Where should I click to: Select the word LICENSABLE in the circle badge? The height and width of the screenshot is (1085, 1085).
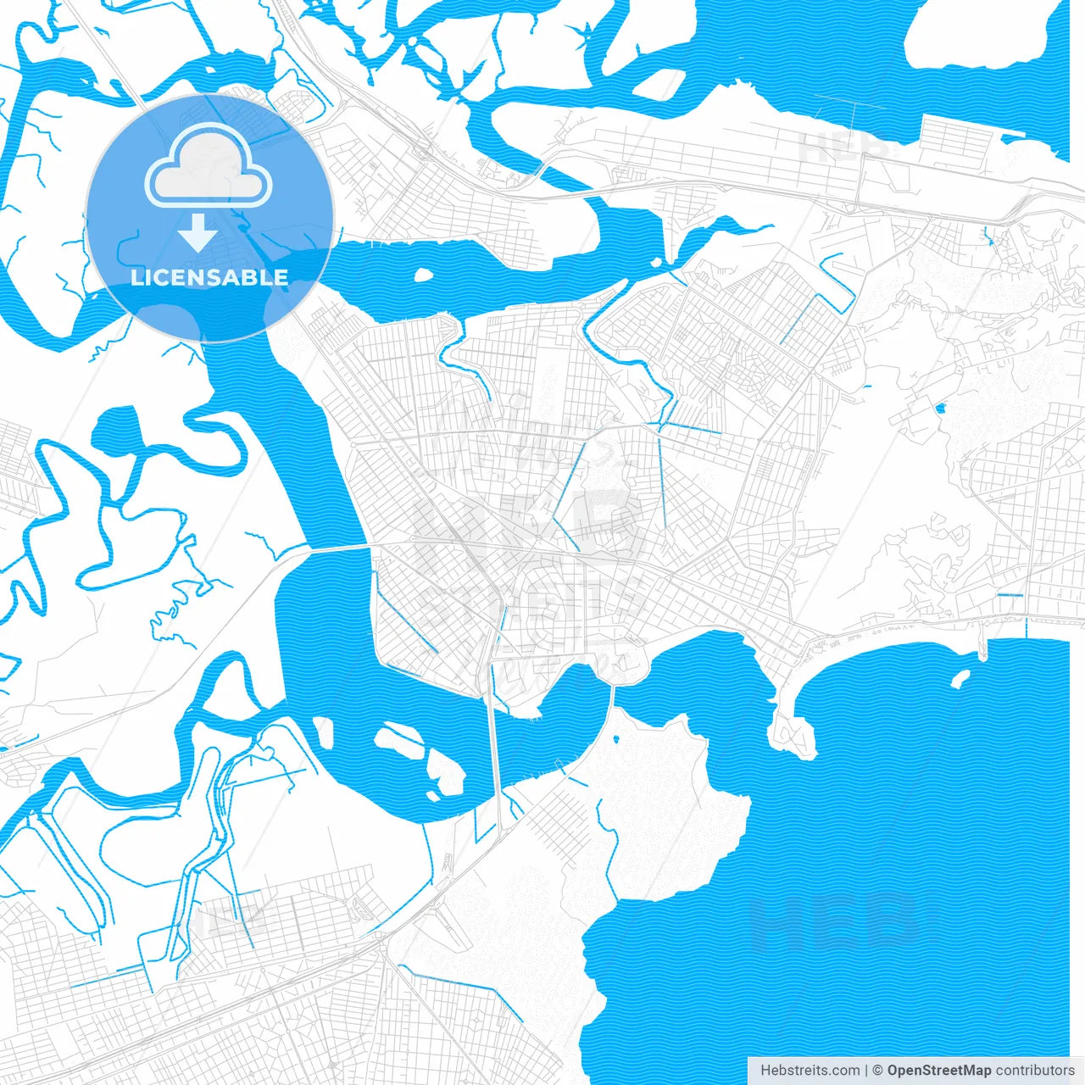coord(209,277)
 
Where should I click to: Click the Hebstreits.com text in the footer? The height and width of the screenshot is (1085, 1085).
coord(810,1071)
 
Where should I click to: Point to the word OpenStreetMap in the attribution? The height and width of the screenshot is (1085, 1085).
coord(938,1071)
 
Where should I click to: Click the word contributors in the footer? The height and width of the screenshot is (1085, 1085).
coord(1034,1071)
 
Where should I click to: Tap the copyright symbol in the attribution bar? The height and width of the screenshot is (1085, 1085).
coord(877,1071)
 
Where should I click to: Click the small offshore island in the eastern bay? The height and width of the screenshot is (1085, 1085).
coord(960,678)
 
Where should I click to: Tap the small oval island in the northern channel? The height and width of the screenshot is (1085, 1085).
coord(422,275)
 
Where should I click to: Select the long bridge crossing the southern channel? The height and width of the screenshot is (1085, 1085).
coord(493,746)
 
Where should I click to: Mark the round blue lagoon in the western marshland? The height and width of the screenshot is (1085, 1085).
coord(114,428)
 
